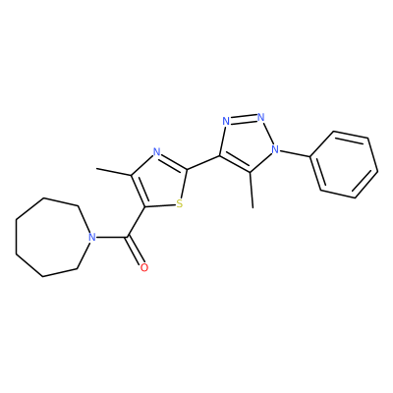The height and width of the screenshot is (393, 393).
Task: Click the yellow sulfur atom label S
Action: click(x=179, y=204)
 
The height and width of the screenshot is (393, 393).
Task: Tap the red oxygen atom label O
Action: click(x=144, y=267)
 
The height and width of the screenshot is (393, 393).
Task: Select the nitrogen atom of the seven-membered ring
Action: click(x=92, y=237)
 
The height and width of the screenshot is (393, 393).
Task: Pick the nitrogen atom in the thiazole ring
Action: click(x=157, y=152)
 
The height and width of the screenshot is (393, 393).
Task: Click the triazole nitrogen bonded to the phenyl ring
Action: click(x=276, y=149)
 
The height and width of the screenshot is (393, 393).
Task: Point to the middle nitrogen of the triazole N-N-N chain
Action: click(x=261, y=116)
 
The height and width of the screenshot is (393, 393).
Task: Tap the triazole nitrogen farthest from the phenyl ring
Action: click(x=226, y=121)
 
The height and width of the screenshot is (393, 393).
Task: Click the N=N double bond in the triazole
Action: click(x=244, y=119)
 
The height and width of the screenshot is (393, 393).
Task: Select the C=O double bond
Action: click(x=136, y=251)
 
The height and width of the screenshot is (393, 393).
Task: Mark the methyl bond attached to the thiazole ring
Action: click(x=114, y=172)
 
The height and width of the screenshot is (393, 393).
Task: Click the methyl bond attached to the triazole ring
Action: click(x=252, y=190)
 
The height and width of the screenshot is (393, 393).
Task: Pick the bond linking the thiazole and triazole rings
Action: click(x=203, y=162)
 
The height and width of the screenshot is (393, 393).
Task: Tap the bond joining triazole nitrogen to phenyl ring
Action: click(x=296, y=153)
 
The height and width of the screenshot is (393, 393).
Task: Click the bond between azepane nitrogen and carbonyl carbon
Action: click(x=112, y=237)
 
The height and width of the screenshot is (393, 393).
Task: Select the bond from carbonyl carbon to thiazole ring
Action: click(x=137, y=222)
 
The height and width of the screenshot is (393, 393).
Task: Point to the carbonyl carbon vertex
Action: click(x=128, y=237)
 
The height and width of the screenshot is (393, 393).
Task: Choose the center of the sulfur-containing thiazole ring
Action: click(x=160, y=182)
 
